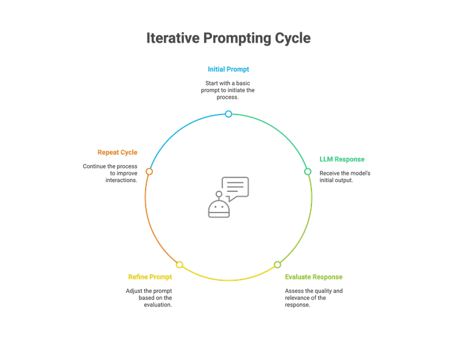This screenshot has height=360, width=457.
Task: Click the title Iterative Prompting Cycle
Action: click(228, 38)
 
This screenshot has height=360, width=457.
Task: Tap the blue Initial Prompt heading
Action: click(228, 69)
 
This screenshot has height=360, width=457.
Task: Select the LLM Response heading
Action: click(342, 160)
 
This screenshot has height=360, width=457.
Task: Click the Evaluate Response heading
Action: click(313, 277)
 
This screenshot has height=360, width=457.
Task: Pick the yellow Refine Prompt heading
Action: click(150, 277)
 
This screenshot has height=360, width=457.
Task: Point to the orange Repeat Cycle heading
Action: click(117, 152)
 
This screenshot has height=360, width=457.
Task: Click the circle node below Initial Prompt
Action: click(228, 114)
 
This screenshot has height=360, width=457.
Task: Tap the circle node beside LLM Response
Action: click(308, 172)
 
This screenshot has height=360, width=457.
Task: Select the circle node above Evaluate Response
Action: click(277, 264)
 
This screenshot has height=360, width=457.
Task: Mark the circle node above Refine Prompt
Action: click(179, 264)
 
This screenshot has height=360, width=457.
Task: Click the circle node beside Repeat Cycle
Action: click(149, 172)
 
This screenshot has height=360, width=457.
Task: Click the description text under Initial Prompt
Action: click(228, 90)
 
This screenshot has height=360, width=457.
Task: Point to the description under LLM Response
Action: click(344, 176)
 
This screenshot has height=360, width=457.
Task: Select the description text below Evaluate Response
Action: click(313, 297)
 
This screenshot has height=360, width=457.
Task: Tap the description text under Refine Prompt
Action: click(150, 297)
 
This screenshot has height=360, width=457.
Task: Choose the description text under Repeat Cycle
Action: click(112, 172)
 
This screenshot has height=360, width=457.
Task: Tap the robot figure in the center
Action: click(218, 207)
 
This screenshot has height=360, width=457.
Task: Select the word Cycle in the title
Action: click(291, 38)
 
